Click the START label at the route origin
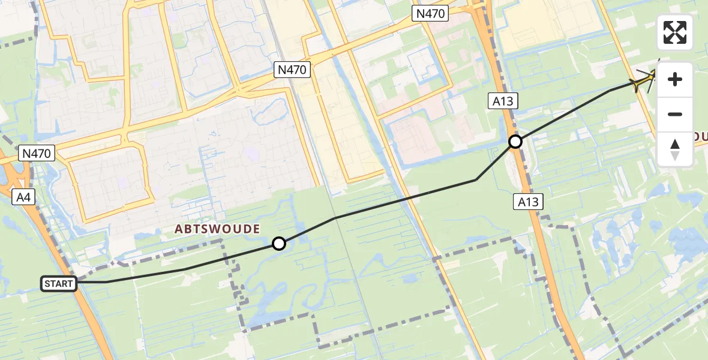[59, 283]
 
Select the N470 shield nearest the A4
[37, 154]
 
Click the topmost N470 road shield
[430, 14]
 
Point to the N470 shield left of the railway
[292, 70]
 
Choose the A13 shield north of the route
[503, 101]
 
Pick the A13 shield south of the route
[528, 202]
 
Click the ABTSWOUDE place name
[217, 229]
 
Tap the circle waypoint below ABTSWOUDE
[278, 243]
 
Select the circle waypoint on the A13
[515, 142]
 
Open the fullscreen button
[675, 32]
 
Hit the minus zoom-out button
[675, 115]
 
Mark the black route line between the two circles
[406, 199]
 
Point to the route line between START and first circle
[186, 268]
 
